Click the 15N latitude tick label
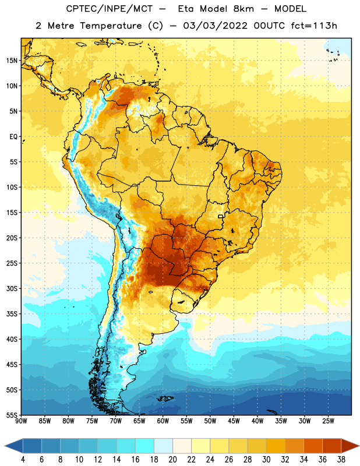point(12,61)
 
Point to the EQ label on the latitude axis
point(13,137)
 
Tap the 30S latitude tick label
point(12,288)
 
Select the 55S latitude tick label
point(12,415)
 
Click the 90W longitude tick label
point(21,421)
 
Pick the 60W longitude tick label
point(163,421)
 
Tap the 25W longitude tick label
point(328,421)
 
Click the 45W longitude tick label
point(234,421)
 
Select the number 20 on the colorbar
point(172,460)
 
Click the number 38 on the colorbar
point(341,460)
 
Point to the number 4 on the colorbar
point(23,460)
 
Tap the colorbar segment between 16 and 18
point(144,446)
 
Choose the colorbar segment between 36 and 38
point(332,446)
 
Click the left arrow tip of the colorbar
point(5,446)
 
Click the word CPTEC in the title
point(77,9)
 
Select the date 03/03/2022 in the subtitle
point(215,26)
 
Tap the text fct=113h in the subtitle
point(314,26)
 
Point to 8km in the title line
point(243,9)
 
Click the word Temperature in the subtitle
point(111,26)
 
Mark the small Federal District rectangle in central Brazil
point(221,216)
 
